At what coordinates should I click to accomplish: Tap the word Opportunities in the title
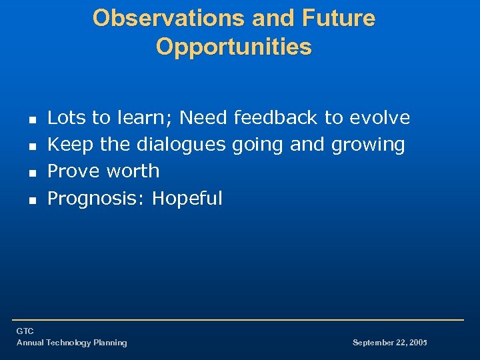tap(233, 47)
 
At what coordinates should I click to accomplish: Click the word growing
tap(371, 145)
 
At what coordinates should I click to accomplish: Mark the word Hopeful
tap(187, 199)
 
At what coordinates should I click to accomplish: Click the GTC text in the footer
tap(25, 331)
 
